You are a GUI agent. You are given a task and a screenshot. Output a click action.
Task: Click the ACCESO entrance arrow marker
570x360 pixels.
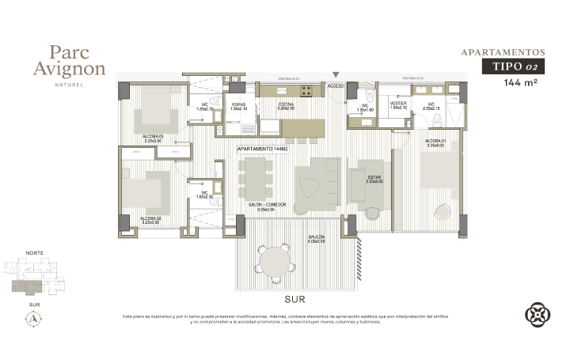pyautogui.click(x=336, y=74)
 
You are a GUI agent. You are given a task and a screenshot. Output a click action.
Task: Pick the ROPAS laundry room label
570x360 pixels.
pyautogui.click(x=238, y=105)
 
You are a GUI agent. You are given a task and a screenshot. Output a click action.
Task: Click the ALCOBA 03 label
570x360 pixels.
pyautogui.click(x=152, y=138)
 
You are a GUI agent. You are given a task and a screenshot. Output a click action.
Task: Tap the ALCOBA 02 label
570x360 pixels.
pyautogui.click(x=150, y=219)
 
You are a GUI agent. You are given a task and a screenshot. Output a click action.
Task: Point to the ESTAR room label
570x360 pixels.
pyautogui.click(x=374, y=178)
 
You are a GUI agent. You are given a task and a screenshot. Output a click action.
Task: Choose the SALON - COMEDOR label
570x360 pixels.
pyautogui.click(x=266, y=205)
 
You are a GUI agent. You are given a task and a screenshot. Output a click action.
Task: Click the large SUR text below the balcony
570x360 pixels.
pyautogui.click(x=295, y=300)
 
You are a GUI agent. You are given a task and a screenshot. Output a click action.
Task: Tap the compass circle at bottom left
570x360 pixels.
pyautogui.click(x=34, y=319)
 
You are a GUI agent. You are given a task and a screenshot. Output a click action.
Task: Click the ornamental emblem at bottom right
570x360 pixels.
pyautogui.click(x=538, y=314)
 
